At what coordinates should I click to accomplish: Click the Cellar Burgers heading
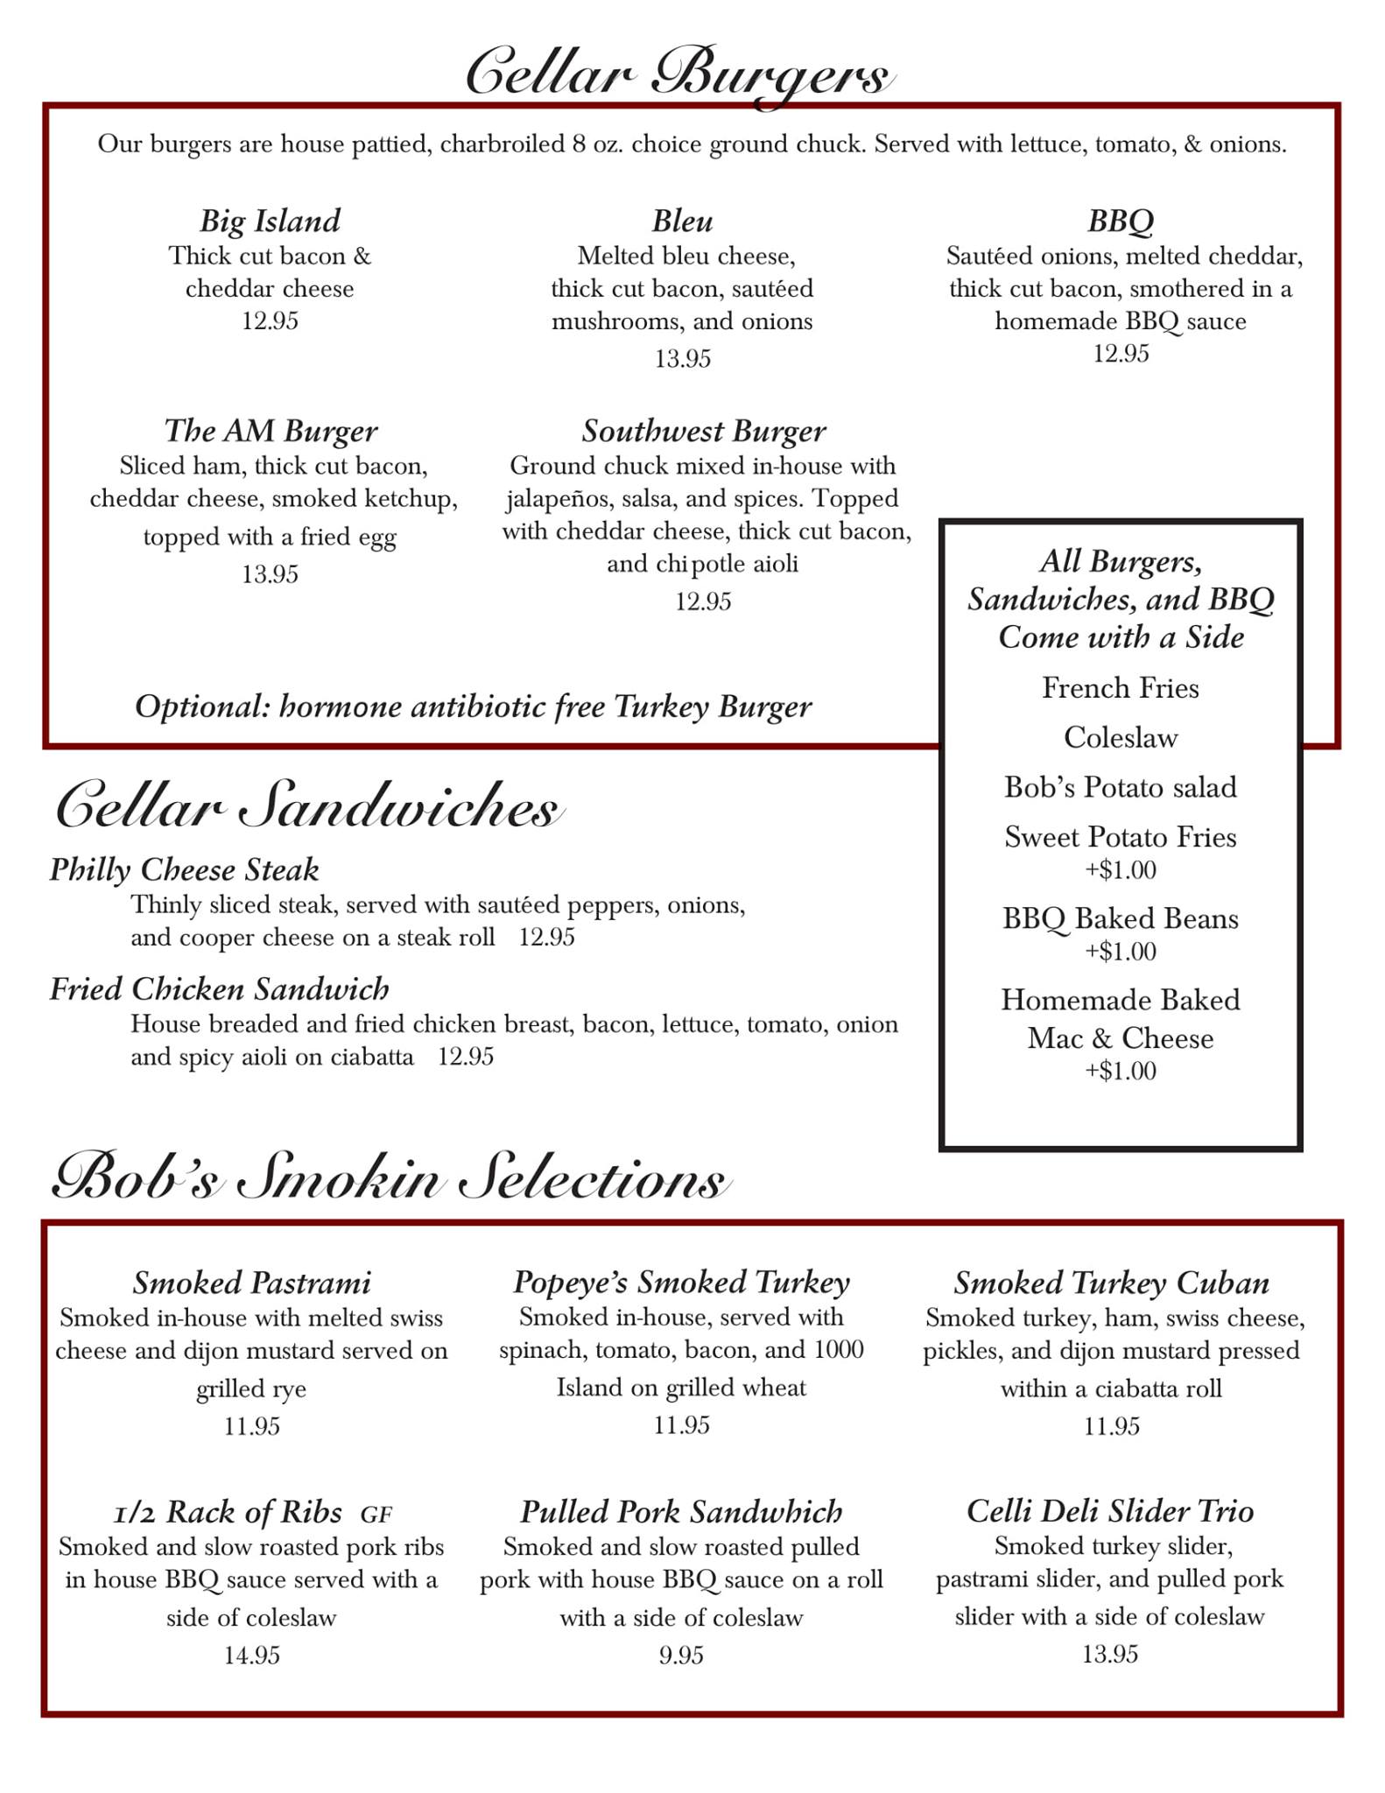[679, 75]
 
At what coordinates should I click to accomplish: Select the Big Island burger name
[270, 221]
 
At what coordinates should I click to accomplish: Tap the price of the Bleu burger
[682, 359]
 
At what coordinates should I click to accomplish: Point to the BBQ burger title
[1120, 221]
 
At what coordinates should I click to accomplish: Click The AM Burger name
[271, 431]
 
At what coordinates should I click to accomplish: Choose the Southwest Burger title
[703, 431]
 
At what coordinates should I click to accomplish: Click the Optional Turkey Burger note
[473, 707]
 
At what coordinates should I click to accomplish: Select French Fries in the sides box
[1120, 688]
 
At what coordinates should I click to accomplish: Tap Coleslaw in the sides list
[1120, 738]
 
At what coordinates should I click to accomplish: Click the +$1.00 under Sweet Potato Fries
[1121, 870]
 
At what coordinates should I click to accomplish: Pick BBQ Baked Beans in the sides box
[1120, 918]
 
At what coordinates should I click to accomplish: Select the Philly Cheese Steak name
[184, 869]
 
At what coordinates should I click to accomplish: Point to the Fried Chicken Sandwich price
[466, 1057]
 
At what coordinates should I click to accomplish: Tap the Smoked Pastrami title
[251, 1283]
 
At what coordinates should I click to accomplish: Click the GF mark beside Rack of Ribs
[376, 1514]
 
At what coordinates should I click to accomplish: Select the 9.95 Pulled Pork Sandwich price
[681, 1655]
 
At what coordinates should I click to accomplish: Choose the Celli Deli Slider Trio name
[1109, 1511]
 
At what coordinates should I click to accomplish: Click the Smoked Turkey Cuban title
[1111, 1283]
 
